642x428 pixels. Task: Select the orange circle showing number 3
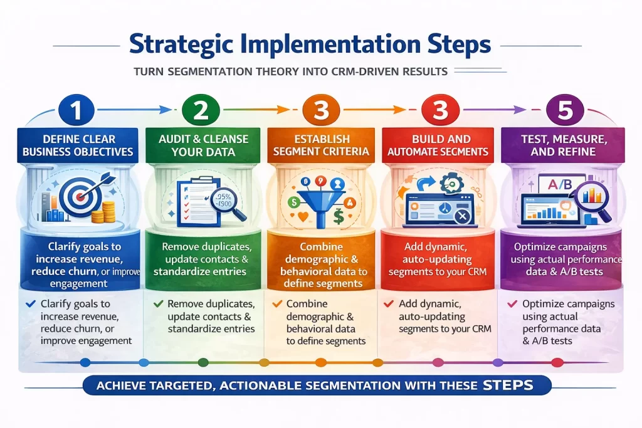click(321, 110)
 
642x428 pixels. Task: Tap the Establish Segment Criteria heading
click(321, 145)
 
